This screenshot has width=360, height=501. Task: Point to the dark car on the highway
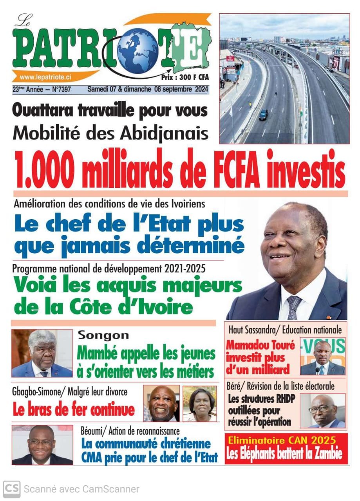click(263, 114)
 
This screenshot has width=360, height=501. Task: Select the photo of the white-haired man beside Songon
click(42, 353)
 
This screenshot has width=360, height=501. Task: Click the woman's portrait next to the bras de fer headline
click(200, 403)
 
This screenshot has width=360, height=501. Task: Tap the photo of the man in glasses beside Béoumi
click(42, 445)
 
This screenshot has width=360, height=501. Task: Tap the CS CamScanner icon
click(12, 489)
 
